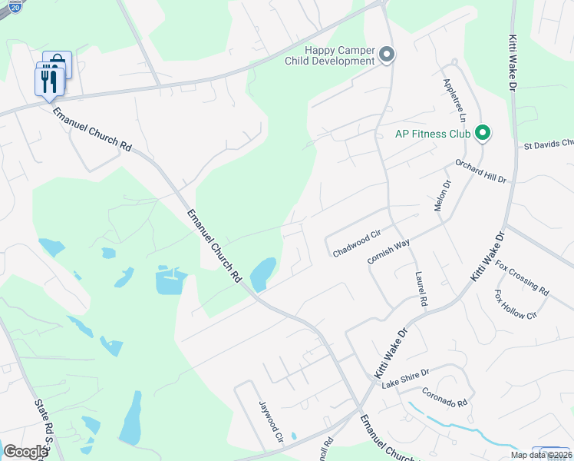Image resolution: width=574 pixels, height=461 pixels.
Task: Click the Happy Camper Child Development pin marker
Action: coord(387,55)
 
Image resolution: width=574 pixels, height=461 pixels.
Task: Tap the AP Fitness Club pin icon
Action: coord(483,134)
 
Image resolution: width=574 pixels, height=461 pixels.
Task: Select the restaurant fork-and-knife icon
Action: coord(48,81)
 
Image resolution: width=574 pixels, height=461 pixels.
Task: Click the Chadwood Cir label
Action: coord(358,241)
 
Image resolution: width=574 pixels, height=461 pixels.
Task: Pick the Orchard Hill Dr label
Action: coord(481,170)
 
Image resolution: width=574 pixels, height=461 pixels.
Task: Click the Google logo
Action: coord(25,451)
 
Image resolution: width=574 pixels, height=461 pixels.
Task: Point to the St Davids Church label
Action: coord(548,144)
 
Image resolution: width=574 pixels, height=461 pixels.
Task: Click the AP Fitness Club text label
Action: coord(432,134)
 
